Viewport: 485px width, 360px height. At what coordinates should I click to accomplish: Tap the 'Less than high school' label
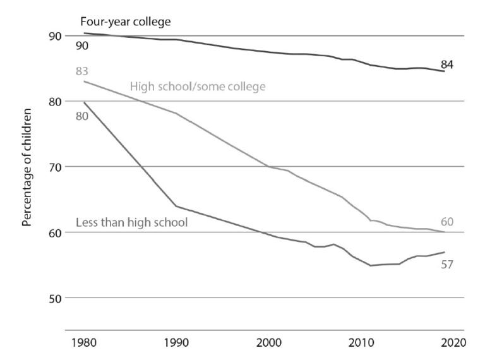pos(131,222)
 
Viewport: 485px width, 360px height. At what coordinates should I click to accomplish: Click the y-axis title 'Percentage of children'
pos(27,168)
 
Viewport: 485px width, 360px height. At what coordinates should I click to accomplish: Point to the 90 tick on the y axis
pos(55,36)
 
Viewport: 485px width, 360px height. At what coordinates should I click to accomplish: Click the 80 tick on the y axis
pos(55,102)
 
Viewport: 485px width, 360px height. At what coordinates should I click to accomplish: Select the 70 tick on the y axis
pos(55,167)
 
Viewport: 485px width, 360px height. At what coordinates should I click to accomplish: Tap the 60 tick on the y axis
pos(55,232)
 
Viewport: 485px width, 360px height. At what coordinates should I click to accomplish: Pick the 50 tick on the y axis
pos(55,297)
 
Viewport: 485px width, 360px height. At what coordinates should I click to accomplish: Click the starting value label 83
pos(81,70)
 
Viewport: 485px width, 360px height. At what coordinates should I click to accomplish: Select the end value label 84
pos(447,64)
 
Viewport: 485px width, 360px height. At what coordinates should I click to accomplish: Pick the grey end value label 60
pos(447,222)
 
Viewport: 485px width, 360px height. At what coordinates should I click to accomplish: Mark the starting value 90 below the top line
pos(81,46)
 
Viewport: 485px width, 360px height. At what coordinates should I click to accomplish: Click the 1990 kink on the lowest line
pos(176,206)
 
